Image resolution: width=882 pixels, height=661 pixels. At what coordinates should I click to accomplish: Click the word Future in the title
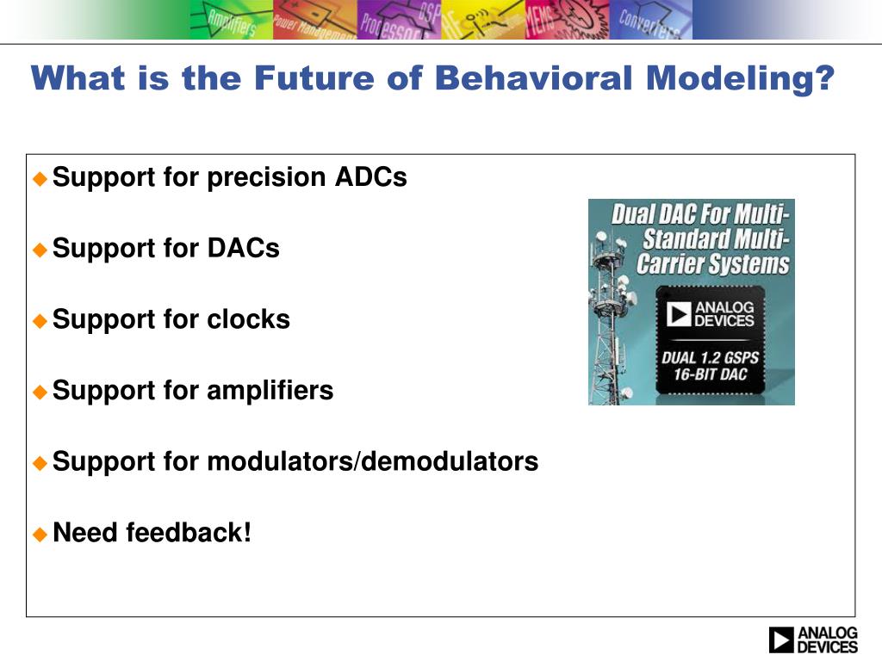click(x=314, y=77)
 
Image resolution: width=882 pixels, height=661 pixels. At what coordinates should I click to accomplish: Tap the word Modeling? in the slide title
click(x=740, y=79)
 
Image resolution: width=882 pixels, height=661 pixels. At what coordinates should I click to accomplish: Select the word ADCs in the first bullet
click(x=370, y=177)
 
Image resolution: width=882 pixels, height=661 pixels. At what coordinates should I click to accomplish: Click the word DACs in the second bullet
click(x=244, y=248)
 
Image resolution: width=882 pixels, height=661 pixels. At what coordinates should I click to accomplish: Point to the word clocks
click(x=249, y=318)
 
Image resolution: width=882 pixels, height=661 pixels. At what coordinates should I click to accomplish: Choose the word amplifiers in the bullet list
click(x=270, y=390)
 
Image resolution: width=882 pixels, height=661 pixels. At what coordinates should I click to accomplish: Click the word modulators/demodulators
click(x=373, y=461)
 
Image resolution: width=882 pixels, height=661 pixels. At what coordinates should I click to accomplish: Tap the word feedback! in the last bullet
click(x=189, y=532)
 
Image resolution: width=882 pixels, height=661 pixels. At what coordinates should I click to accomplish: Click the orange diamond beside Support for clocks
click(x=40, y=321)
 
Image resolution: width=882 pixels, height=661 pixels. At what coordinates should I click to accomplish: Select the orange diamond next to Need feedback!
click(x=40, y=534)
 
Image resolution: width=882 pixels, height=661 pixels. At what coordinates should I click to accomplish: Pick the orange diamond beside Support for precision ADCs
click(x=40, y=179)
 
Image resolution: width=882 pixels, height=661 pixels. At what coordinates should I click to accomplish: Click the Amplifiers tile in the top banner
click(x=231, y=20)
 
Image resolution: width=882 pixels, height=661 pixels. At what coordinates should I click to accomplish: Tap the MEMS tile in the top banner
click(x=567, y=20)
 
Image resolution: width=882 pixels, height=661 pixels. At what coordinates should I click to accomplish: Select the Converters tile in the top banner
click(x=651, y=20)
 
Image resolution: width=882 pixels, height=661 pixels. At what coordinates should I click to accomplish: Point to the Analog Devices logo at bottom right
click(x=813, y=639)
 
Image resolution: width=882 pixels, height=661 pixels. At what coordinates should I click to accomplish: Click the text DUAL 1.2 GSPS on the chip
click(x=710, y=357)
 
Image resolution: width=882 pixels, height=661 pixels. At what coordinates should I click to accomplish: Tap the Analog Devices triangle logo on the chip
click(x=679, y=313)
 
